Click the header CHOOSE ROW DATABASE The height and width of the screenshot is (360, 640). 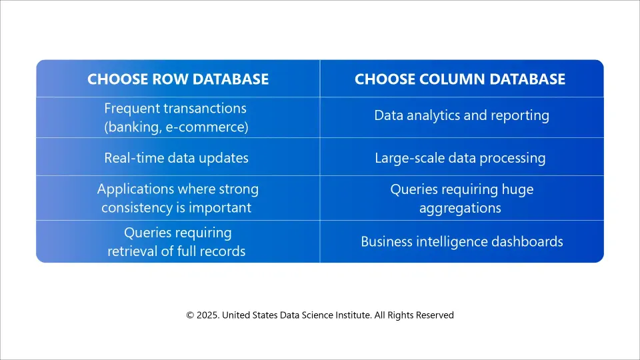click(178, 79)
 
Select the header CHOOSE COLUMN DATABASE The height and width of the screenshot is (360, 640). click(459, 79)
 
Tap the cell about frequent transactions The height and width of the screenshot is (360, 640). click(176, 118)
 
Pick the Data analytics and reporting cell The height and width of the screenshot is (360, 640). click(461, 115)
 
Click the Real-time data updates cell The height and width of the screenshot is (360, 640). click(176, 158)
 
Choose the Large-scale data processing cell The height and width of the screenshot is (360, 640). click(460, 158)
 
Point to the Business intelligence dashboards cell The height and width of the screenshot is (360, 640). click(461, 241)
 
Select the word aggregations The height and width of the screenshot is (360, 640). click(460, 209)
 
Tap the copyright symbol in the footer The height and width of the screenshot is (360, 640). click(190, 315)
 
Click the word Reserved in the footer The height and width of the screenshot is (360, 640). click(435, 315)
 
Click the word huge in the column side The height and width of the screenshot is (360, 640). click(517, 189)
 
